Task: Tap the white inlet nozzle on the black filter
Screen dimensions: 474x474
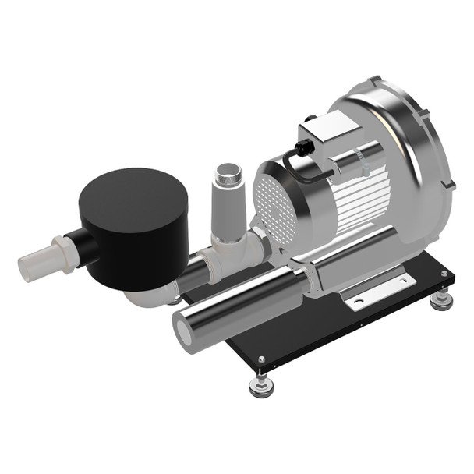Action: point(39,261)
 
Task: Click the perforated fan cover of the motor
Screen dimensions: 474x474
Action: point(275,207)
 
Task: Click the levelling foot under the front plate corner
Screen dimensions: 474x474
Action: point(260,384)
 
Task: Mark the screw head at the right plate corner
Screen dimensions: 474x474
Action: point(444,274)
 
